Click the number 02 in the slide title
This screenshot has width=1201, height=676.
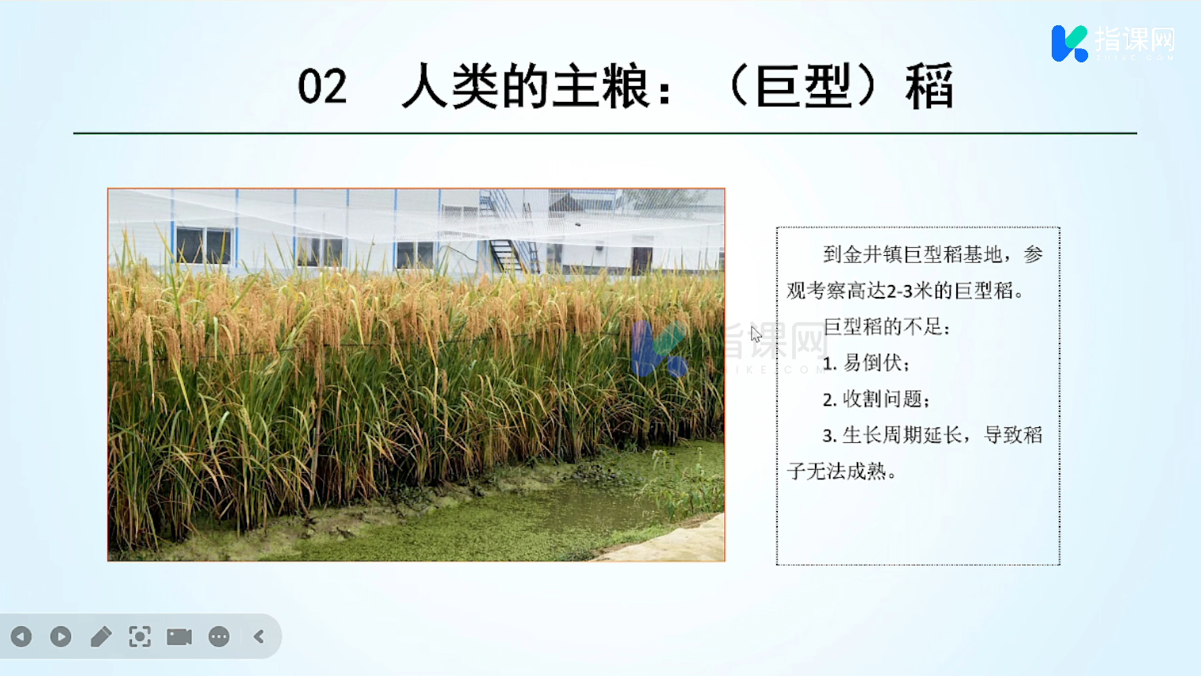322,86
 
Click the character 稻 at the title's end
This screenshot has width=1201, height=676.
929,86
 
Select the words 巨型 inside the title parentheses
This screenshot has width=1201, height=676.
805,86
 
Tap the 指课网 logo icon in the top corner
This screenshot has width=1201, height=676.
1070,43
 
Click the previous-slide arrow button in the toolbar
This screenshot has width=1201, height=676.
21,637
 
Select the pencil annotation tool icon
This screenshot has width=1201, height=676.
101,637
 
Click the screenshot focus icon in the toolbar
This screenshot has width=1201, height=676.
140,637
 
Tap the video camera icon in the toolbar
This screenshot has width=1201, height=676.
179,637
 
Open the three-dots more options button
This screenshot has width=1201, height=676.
219,637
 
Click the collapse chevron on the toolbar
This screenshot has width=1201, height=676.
259,637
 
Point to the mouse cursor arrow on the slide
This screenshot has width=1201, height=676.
756,333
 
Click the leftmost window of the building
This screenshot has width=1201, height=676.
204,246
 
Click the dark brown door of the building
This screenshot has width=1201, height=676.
642,260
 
